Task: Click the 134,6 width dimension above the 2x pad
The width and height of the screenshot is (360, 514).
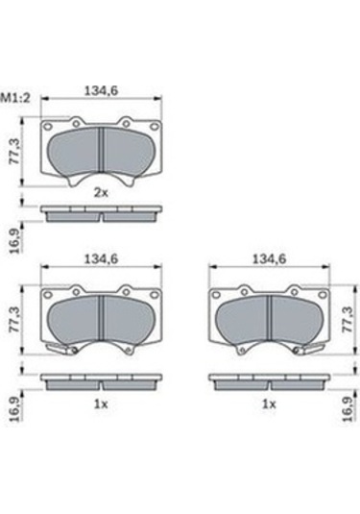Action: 101,92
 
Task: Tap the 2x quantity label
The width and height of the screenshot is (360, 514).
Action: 100,192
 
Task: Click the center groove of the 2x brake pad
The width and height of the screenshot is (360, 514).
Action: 102,151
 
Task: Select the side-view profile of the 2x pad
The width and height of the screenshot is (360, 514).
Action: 101,212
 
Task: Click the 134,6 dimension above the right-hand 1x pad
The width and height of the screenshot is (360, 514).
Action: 269,258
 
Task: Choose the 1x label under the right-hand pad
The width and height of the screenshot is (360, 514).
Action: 270,404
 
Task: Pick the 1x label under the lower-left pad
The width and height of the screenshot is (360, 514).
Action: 100,404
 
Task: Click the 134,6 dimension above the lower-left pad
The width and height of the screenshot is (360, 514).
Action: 101,258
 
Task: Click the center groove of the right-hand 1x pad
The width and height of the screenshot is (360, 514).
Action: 270,317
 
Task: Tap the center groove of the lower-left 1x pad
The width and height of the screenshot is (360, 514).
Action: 101,317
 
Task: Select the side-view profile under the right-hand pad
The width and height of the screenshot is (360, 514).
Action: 270,381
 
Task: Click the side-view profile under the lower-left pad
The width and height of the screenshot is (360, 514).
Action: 101,381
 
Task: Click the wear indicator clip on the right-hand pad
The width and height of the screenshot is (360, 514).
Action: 312,352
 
